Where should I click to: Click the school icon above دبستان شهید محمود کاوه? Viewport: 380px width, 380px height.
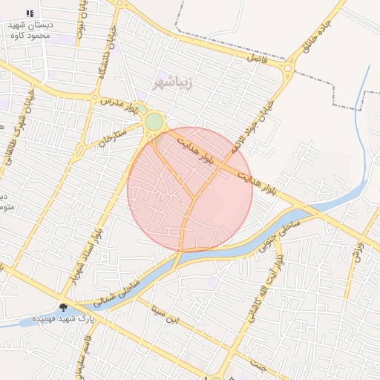30,13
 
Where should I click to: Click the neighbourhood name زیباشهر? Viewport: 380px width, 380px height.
174,81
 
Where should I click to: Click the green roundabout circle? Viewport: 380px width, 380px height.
154,122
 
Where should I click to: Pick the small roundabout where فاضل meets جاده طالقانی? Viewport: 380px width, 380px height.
287,71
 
